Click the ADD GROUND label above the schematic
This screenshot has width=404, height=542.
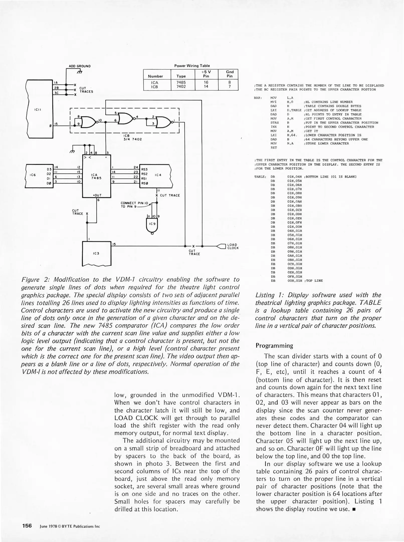point(80,66)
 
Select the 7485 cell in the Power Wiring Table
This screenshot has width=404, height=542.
point(181,82)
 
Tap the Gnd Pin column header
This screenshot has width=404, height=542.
point(230,74)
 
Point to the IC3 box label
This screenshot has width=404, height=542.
point(96,253)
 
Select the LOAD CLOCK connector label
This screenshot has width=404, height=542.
point(233,246)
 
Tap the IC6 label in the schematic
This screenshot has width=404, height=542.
point(33,175)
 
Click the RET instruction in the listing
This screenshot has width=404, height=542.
point(274,148)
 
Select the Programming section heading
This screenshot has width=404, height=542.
point(274,346)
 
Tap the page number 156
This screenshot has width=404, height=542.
point(27,526)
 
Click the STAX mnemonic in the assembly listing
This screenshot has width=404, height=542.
point(275,123)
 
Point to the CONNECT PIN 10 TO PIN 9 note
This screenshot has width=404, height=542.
point(135,205)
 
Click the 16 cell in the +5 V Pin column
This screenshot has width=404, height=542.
point(206,82)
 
